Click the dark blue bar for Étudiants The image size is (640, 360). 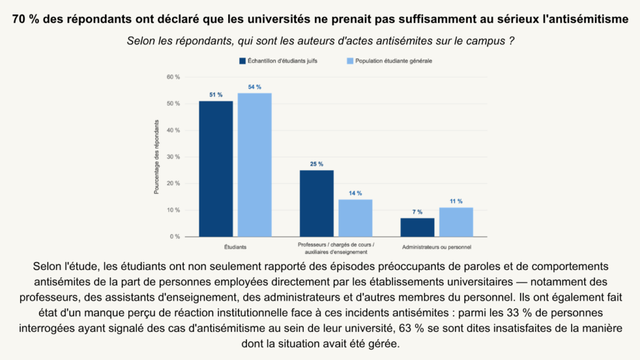[x=216, y=169]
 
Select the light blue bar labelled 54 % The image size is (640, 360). [x=255, y=165]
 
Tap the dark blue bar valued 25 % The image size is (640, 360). [x=317, y=203]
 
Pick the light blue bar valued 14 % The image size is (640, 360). [x=356, y=218]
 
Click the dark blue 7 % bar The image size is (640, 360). [x=417, y=227]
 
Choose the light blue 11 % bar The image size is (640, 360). [x=456, y=222]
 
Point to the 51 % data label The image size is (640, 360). [x=216, y=95]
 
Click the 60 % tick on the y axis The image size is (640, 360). [x=173, y=77]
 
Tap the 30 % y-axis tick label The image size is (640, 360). [x=173, y=157]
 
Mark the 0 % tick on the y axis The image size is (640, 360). [x=175, y=237]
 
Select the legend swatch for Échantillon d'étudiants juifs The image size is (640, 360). [x=242, y=61]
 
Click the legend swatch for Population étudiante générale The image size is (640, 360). [x=350, y=61]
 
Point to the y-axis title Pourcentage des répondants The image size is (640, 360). [x=156, y=157]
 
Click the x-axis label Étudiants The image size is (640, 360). [x=236, y=247]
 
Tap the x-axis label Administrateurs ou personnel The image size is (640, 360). [x=437, y=247]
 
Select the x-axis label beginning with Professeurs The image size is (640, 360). [x=336, y=248]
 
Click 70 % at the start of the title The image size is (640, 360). [x=26, y=19]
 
